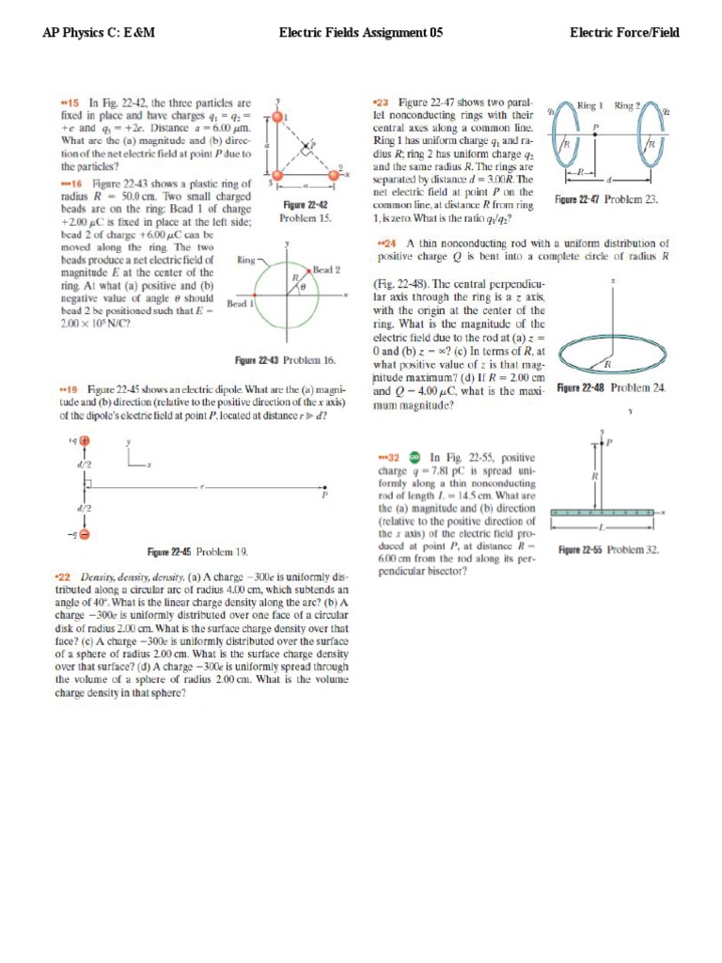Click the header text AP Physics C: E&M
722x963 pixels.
coord(99,33)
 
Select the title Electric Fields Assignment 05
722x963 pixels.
coord(361,33)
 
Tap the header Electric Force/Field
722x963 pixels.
coord(624,33)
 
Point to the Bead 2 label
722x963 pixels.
coord(326,270)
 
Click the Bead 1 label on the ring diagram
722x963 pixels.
coord(238,303)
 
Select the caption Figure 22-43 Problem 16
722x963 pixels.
coord(285,359)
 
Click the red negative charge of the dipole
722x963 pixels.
coord(85,535)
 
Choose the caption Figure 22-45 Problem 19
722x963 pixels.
coord(197,551)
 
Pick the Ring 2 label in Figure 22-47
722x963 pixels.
coord(628,105)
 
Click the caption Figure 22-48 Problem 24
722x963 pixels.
coord(611,387)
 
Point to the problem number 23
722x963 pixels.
coord(382,102)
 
